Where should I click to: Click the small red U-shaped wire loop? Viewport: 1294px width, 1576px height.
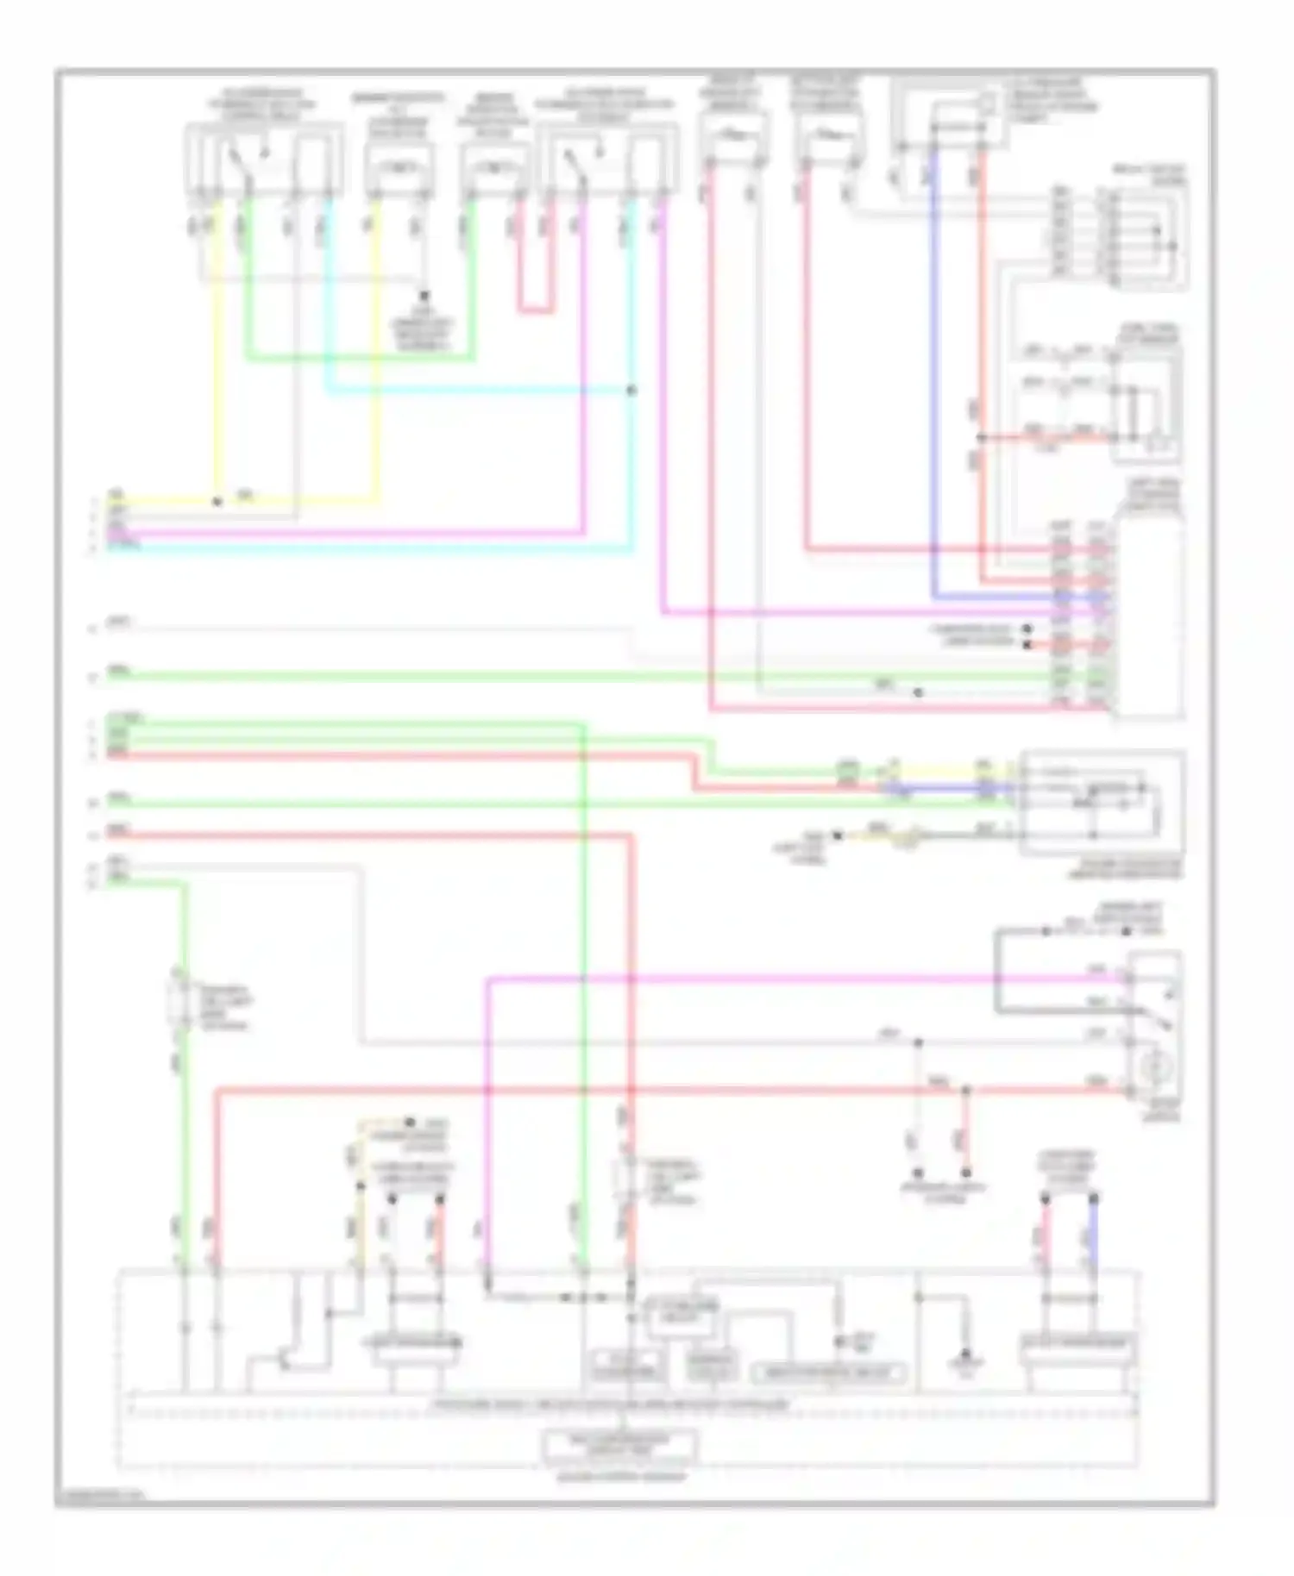(x=535, y=308)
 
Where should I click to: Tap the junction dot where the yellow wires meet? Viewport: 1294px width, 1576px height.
(x=217, y=501)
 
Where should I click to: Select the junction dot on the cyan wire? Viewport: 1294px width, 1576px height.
(x=631, y=391)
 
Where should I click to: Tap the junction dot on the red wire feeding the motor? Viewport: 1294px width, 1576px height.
(x=966, y=1091)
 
